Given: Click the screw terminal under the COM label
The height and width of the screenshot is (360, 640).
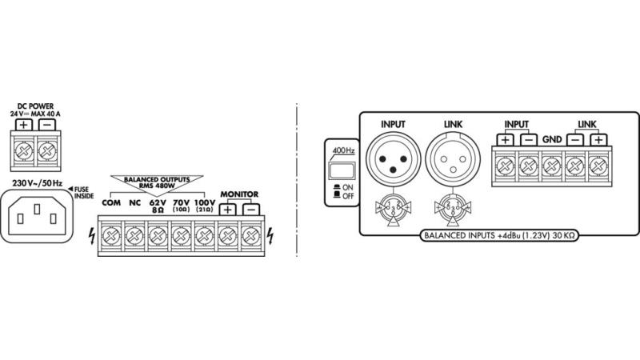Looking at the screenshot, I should (x=112, y=237).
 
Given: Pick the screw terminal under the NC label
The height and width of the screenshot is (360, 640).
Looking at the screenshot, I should (x=135, y=237).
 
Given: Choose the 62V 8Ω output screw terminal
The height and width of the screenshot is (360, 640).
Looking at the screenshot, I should (x=158, y=237).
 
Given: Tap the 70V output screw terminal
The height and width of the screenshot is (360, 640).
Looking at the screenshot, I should (x=182, y=237).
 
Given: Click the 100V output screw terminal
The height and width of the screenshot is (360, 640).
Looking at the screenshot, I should (x=205, y=237).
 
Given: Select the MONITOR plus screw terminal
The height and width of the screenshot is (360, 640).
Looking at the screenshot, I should (x=228, y=237).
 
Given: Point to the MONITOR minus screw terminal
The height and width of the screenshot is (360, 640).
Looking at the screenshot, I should (x=251, y=237).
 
